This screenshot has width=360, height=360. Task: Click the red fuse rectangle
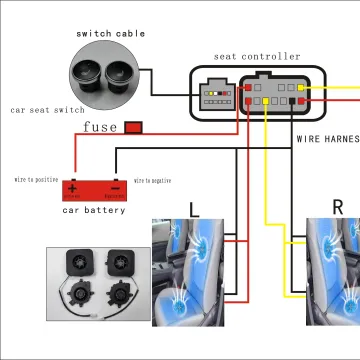[132, 127]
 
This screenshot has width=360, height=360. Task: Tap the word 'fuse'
[101, 127]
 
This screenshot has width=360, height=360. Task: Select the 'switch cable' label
[110, 34]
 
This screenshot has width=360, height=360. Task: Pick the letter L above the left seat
[195, 209]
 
